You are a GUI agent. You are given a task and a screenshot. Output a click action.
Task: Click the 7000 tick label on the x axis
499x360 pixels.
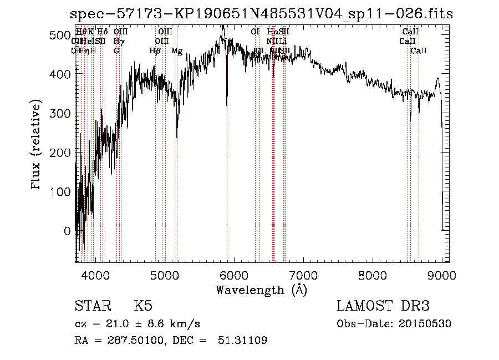[303, 275]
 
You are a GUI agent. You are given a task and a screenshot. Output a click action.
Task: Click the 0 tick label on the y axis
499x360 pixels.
[68, 231]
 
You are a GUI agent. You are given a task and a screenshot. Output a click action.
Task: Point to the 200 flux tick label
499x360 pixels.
[60, 153]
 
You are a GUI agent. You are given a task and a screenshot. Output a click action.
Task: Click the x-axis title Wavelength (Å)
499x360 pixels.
[261, 290]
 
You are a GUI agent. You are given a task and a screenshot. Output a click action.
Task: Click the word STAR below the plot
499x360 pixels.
[93, 306]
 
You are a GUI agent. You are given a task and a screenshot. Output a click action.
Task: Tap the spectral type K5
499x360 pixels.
[143, 306]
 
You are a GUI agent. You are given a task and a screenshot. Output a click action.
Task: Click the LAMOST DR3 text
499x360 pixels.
[383, 306]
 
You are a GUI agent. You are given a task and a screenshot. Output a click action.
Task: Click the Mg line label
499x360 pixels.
[177, 51]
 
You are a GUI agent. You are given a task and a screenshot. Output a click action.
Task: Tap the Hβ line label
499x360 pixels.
[155, 51]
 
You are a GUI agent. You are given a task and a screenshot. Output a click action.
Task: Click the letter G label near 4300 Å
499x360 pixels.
[116, 51]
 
